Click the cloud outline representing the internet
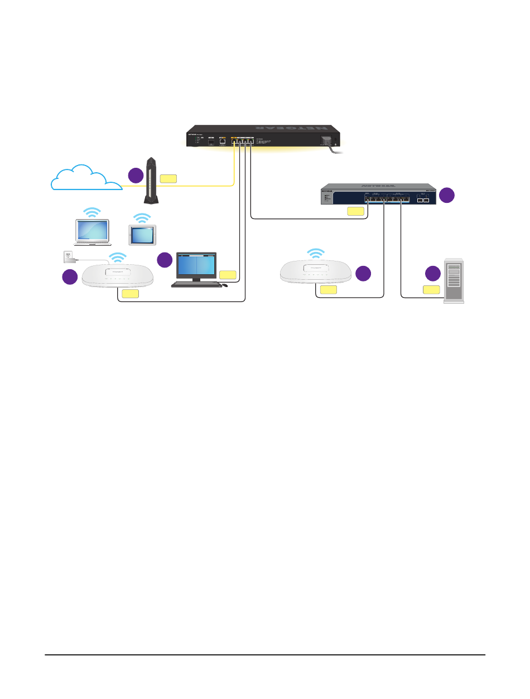point(84,177)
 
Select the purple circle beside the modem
point(136,175)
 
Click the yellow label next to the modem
point(168,179)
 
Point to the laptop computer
point(93,232)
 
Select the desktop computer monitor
point(196,266)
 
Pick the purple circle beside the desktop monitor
point(165,260)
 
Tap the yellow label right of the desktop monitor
point(228,274)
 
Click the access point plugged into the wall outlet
point(119,275)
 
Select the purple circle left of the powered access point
point(70,277)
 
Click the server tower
point(454,281)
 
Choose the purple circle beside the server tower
point(432,274)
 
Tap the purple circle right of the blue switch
point(446,195)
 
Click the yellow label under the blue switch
point(355,211)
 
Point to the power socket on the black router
point(325,142)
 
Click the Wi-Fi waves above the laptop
point(93,212)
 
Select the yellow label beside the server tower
point(431,289)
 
